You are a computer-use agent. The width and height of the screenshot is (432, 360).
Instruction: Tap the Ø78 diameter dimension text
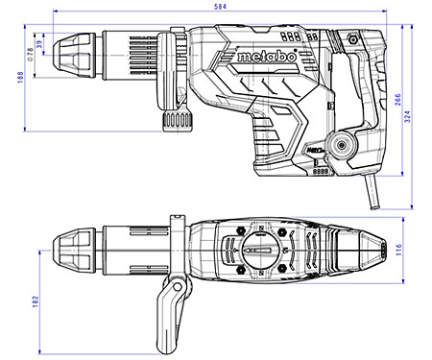(x=30, y=46)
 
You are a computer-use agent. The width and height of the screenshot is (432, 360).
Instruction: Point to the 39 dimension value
(x=39, y=45)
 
